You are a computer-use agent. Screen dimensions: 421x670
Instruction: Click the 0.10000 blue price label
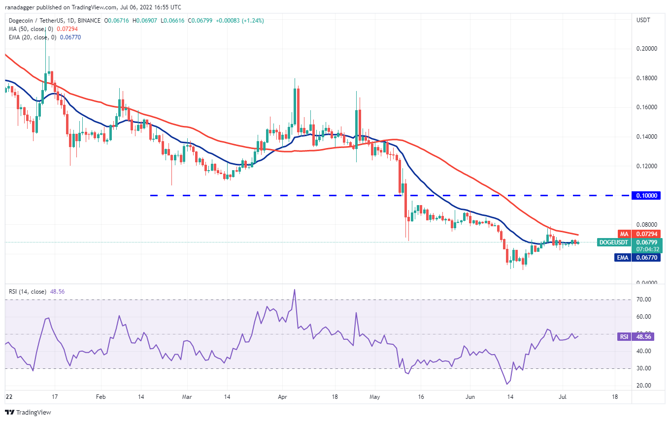pos(646,195)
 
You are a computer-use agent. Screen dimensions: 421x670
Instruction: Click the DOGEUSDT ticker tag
pos(613,242)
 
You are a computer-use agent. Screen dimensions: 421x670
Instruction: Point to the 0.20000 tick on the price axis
pos(646,49)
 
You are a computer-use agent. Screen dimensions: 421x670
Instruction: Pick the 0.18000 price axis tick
pos(646,78)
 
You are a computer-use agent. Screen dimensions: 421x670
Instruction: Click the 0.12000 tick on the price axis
pos(646,166)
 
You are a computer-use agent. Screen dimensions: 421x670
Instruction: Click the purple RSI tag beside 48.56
pos(624,337)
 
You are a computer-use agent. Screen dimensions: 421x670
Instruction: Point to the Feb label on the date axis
pos(100,396)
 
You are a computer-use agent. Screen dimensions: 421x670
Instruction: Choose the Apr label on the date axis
pos(282,396)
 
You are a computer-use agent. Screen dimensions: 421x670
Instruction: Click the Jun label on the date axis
pos(470,396)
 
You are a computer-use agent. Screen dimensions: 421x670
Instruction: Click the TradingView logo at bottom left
pos(28,412)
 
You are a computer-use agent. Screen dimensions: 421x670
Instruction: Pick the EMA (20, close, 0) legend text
pos(32,36)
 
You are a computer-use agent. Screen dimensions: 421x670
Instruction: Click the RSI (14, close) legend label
pos(28,292)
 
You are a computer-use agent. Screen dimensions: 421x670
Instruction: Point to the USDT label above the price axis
pos(643,21)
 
